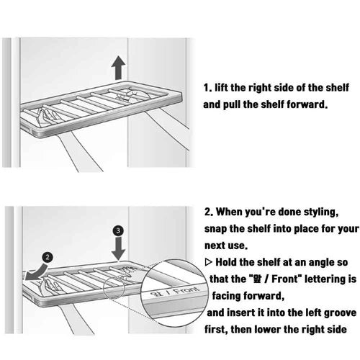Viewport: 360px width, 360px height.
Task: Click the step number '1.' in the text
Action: point(208,88)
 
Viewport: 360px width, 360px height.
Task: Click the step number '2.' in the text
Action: point(209,214)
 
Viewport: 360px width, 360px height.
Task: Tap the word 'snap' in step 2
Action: point(218,230)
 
